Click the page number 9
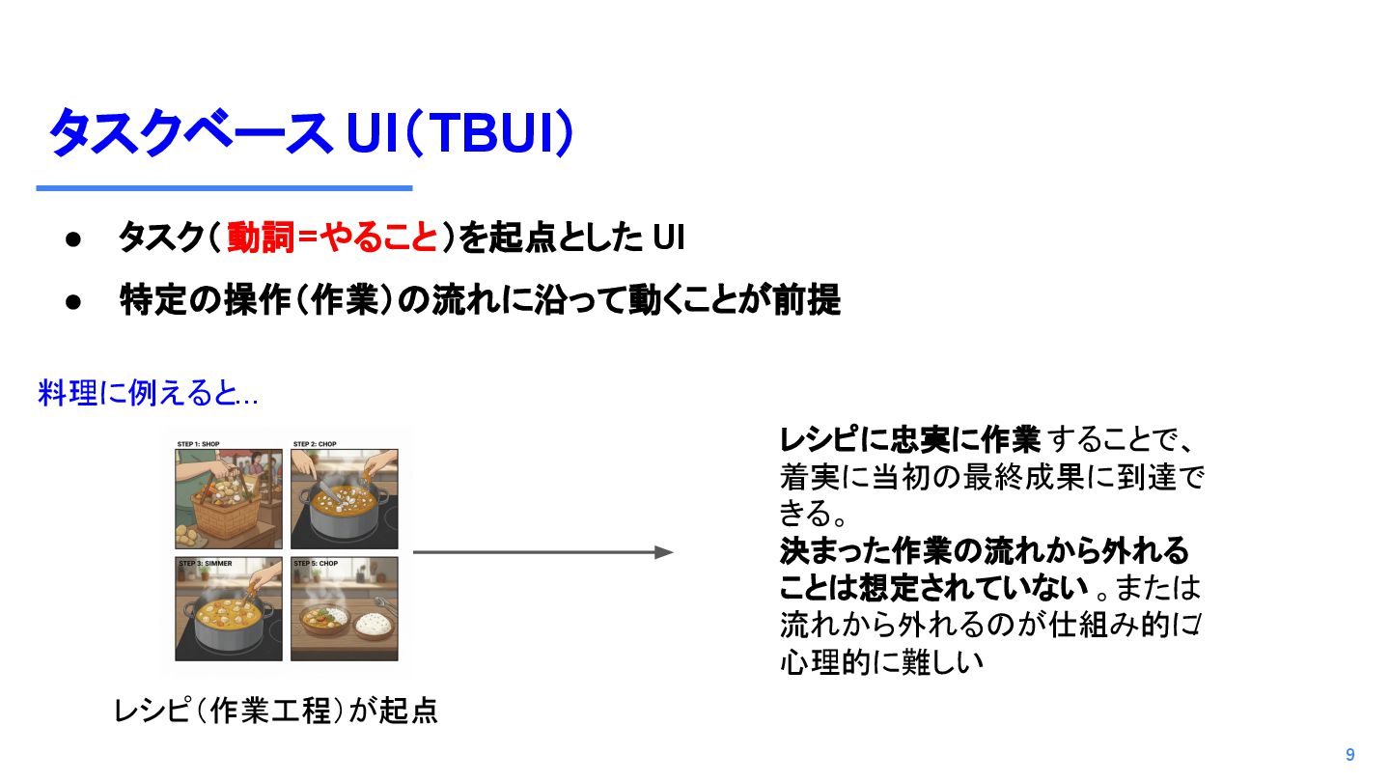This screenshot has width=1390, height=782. coord(1349,755)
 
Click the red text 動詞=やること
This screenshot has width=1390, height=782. coord(333,237)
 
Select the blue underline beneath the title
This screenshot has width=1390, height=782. coord(224,188)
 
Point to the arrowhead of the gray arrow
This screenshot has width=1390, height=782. coord(664,552)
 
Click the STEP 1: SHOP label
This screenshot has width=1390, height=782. coord(198,445)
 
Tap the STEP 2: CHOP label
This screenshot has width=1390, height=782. coord(315,445)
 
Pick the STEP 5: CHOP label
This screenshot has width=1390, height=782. coord(316,563)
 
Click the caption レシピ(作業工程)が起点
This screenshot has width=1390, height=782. coord(276,711)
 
